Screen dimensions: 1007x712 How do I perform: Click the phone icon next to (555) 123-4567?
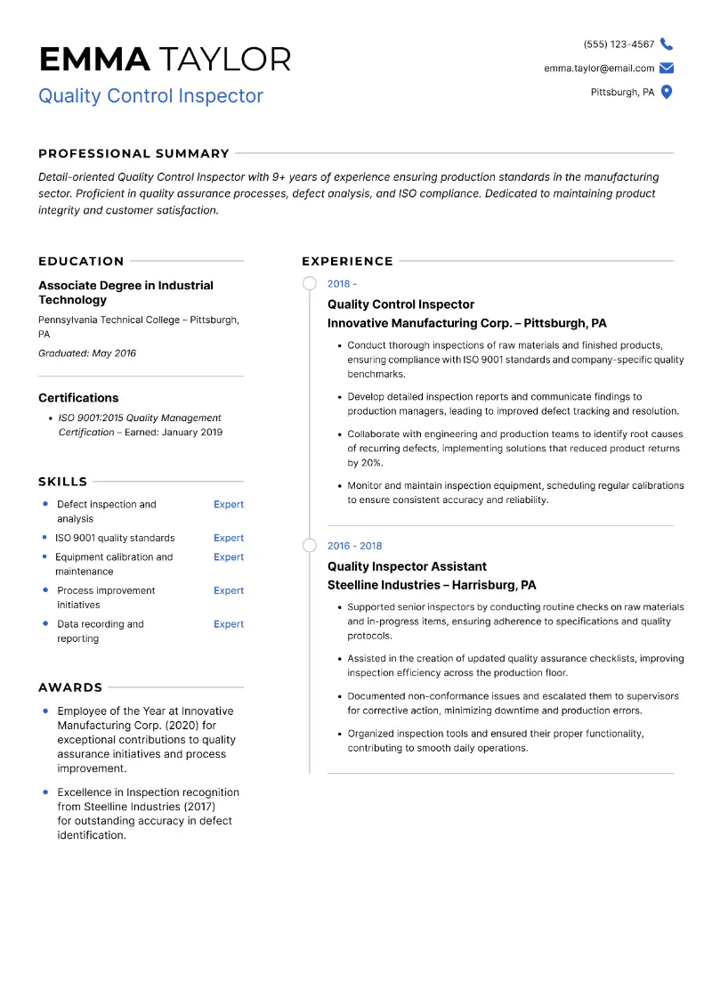click(x=667, y=45)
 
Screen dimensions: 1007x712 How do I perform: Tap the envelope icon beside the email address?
click(x=667, y=69)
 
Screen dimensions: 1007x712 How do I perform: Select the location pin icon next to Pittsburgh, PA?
click(x=667, y=92)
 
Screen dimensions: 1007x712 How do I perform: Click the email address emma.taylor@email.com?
click(x=599, y=69)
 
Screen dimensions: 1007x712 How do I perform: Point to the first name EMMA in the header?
click(x=94, y=60)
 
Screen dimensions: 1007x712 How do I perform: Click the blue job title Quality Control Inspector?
click(x=150, y=95)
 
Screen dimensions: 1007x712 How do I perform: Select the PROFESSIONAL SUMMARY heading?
click(x=133, y=153)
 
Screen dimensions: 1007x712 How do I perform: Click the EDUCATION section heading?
click(x=81, y=261)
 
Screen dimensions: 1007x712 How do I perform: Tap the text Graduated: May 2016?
click(x=87, y=353)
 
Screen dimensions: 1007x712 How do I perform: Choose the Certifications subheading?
click(x=78, y=398)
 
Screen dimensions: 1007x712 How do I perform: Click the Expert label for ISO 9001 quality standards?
click(x=228, y=538)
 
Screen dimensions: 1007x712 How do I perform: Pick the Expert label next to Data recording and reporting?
click(x=228, y=624)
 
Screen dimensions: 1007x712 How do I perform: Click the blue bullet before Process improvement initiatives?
click(x=45, y=589)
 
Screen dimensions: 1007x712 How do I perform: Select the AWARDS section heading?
click(x=70, y=687)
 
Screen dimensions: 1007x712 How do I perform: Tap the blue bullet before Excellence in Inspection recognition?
click(x=45, y=792)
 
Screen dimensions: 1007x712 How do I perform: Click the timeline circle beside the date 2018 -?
click(x=309, y=284)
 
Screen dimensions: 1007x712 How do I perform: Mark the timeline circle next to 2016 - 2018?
click(x=309, y=546)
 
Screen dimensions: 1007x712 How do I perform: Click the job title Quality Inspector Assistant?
click(x=407, y=566)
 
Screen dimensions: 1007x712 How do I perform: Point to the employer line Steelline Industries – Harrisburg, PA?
click(x=432, y=585)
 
